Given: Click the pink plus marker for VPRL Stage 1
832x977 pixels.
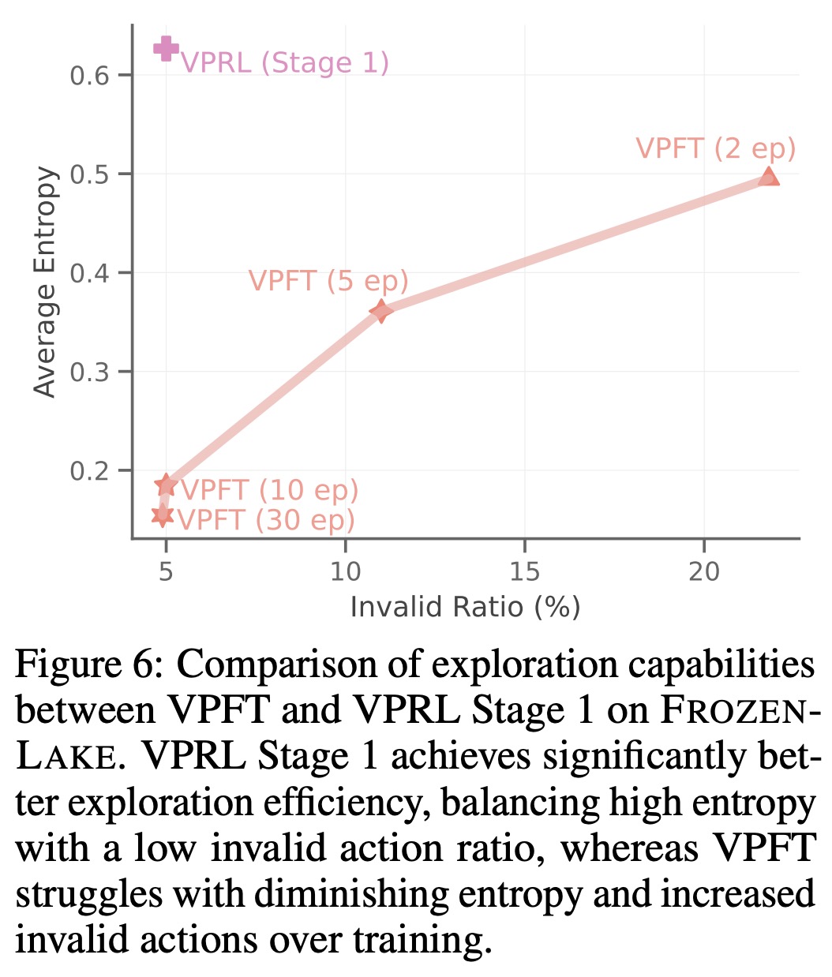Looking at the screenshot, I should click(166, 49).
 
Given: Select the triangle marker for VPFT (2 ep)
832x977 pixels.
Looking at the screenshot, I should click(768, 176).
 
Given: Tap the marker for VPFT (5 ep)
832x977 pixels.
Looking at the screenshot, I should click(381, 311).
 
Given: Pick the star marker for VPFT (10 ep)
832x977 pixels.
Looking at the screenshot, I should click(166, 485).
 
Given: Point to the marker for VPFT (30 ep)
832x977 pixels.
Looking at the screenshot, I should click(163, 515).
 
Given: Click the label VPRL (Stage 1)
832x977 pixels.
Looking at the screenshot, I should click(285, 62).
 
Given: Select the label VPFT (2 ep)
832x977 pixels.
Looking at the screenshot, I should click(715, 148).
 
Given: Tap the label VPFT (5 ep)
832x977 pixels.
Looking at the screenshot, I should click(328, 281).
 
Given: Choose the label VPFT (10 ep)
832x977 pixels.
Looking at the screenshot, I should click(270, 490).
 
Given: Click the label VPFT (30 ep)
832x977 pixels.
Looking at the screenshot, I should click(266, 520).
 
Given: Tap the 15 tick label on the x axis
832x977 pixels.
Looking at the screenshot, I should click(524, 571).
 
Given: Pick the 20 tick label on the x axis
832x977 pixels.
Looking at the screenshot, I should click(704, 571).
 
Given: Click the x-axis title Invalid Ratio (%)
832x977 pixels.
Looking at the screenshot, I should click(465, 607).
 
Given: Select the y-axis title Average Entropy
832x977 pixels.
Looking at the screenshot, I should click(46, 282).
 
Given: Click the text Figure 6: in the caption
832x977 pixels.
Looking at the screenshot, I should click(88, 665).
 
